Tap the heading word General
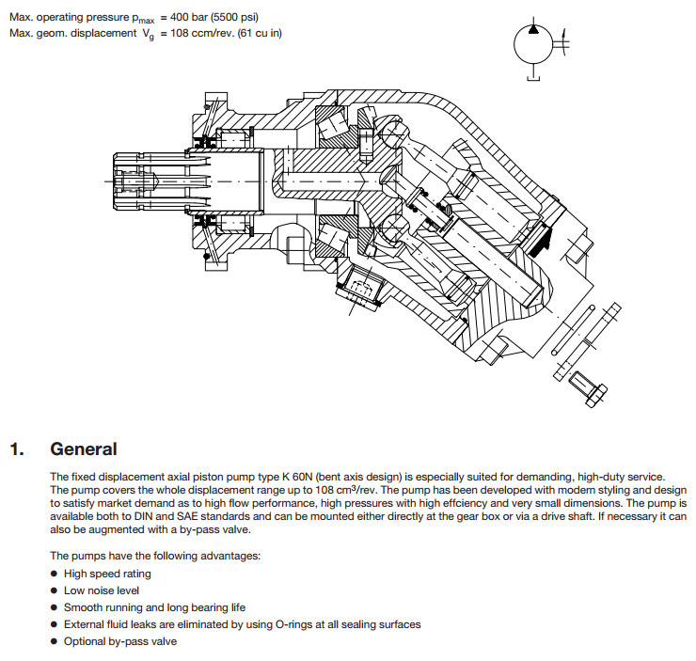click(84, 449)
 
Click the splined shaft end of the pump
click(131, 178)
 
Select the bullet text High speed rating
click(107, 574)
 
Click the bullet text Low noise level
click(102, 590)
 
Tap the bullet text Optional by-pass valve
click(119, 641)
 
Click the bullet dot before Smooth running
click(55, 607)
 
